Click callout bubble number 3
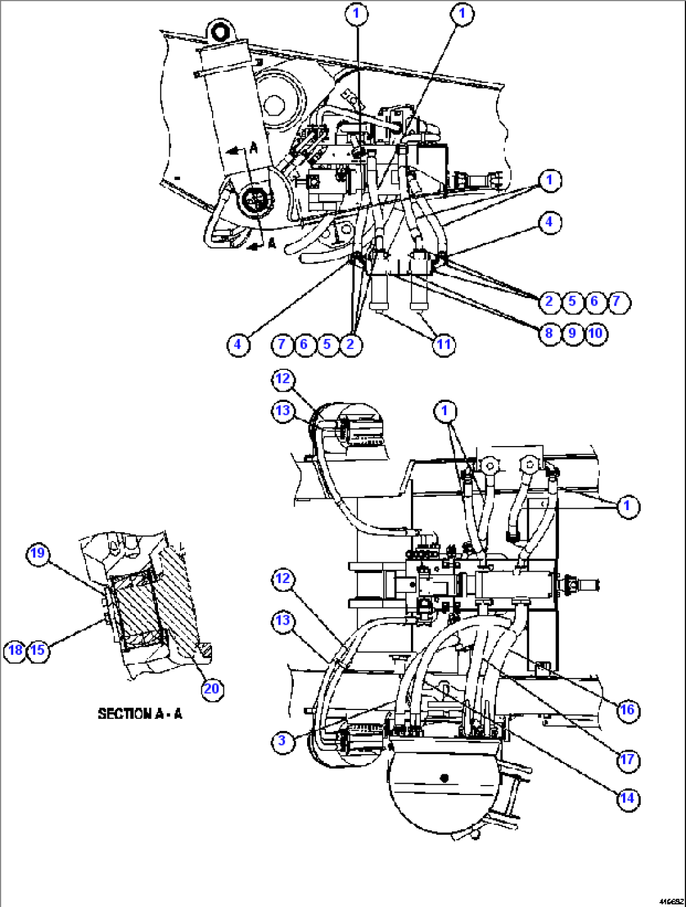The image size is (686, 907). pos(282,740)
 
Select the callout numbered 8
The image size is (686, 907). pos(549,333)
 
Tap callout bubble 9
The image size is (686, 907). pos(572,333)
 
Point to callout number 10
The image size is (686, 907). pos(595,333)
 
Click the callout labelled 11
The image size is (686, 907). pos(444,344)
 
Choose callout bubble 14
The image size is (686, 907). pos(627,799)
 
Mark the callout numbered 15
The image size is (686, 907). pos(38,650)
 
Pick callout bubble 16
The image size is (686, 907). pos(627,710)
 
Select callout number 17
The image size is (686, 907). pos(627,760)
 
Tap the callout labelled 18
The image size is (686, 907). pos(15,650)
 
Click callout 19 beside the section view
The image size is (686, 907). pos(38,553)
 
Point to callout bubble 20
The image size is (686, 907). pos(211,689)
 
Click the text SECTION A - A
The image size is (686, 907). pos(140,714)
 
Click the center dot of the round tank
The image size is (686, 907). pos(444,778)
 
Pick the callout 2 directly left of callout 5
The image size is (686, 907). pos(549,301)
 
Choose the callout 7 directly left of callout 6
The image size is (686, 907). pos(281,344)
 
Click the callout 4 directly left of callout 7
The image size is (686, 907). pos(237,344)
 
